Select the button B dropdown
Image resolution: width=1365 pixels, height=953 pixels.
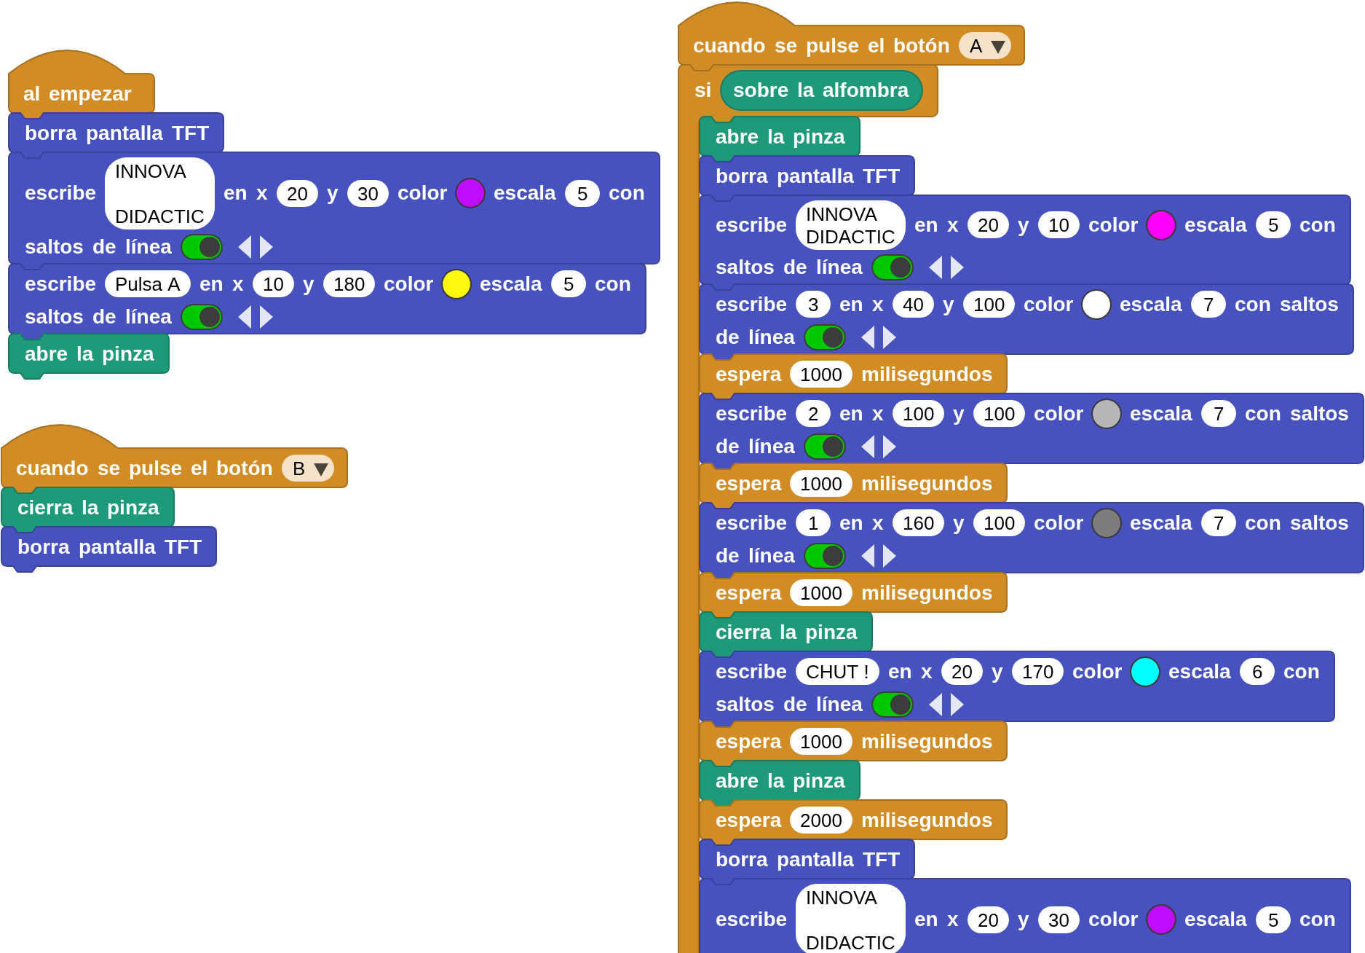tap(308, 468)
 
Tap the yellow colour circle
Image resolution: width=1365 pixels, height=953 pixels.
tap(456, 284)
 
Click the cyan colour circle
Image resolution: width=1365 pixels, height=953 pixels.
tap(1144, 672)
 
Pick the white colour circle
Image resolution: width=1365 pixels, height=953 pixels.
tap(1096, 305)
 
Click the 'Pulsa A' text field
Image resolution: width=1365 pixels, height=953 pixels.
tap(147, 284)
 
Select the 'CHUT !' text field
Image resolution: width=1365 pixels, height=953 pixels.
tap(836, 672)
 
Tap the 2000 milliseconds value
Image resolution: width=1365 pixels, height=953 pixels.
tap(820, 820)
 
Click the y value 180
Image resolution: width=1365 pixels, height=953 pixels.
tap(349, 284)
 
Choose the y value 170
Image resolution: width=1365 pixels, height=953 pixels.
tap(1037, 672)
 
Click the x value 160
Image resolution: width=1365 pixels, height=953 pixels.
tap(918, 523)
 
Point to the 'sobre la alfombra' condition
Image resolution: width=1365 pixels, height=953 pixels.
tap(820, 90)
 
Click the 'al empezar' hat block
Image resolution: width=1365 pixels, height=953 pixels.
tap(77, 94)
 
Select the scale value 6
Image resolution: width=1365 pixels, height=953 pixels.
tap(1257, 672)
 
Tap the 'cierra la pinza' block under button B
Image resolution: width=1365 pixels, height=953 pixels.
tap(88, 508)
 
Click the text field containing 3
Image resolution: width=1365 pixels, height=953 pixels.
tap(812, 305)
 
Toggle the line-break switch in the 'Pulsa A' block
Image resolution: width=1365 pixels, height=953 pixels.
tap(202, 317)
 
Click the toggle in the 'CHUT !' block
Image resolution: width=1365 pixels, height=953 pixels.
tap(893, 705)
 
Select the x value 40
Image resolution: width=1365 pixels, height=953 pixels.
tap(912, 305)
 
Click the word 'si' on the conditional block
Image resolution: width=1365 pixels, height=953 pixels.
tap(703, 90)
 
